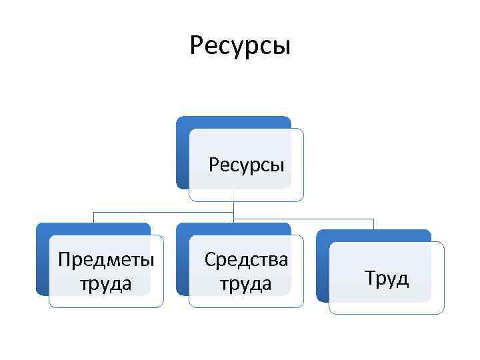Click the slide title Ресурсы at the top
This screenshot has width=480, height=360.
[x=240, y=46]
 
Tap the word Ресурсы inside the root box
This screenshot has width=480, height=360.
[x=246, y=164]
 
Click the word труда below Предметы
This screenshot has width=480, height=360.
[x=106, y=283]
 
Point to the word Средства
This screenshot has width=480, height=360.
[x=246, y=259]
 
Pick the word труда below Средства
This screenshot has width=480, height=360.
[x=246, y=283]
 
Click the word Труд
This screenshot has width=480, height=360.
[x=387, y=277]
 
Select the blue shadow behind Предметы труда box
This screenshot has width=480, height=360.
[x=42, y=267]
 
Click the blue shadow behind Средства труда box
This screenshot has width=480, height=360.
[x=182, y=267]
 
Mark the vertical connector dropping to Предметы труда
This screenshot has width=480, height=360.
[x=93, y=217]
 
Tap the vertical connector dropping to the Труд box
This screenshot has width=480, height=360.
[x=374, y=224]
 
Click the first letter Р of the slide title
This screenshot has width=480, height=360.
[x=196, y=46]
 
